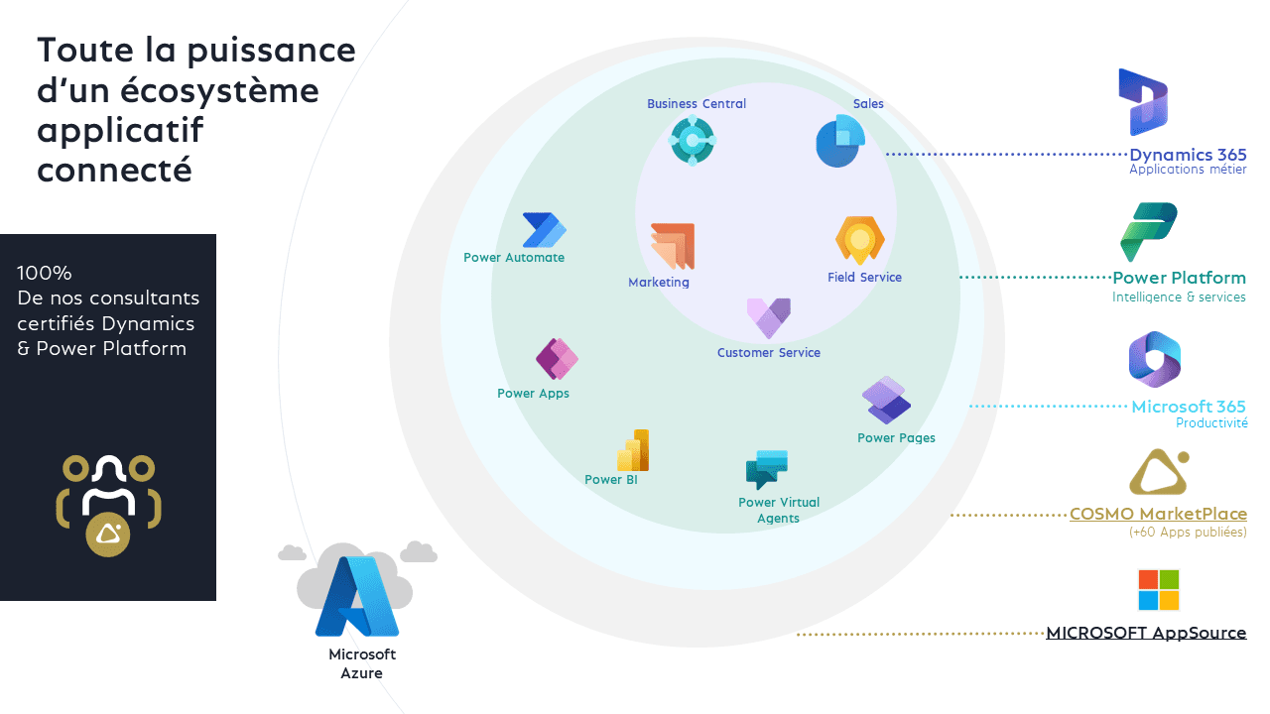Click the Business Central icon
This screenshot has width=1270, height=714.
[x=692, y=140]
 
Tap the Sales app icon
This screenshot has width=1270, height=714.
[x=839, y=142]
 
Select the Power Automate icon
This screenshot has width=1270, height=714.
[x=544, y=230]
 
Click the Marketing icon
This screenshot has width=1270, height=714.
[x=672, y=246]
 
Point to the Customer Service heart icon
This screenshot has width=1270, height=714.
[x=769, y=318]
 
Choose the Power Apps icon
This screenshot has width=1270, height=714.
[x=557, y=359]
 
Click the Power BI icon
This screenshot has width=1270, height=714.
[x=633, y=450]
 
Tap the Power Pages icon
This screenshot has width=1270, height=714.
[x=886, y=401]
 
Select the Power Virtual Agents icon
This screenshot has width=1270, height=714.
[x=766, y=469]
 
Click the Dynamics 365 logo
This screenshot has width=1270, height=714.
[x=1143, y=102]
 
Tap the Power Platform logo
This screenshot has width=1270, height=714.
[x=1148, y=232]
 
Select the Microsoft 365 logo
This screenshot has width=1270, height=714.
[x=1154, y=359]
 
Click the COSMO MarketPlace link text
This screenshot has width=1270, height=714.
[x=1158, y=514]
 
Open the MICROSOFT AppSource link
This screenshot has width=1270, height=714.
[x=1146, y=633]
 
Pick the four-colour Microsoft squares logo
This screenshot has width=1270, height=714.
[x=1158, y=590]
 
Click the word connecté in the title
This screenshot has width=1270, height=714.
[x=113, y=170]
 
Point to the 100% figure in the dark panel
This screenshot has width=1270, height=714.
[x=45, y=273]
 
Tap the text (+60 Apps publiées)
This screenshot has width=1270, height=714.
[x=1188, y=533]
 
